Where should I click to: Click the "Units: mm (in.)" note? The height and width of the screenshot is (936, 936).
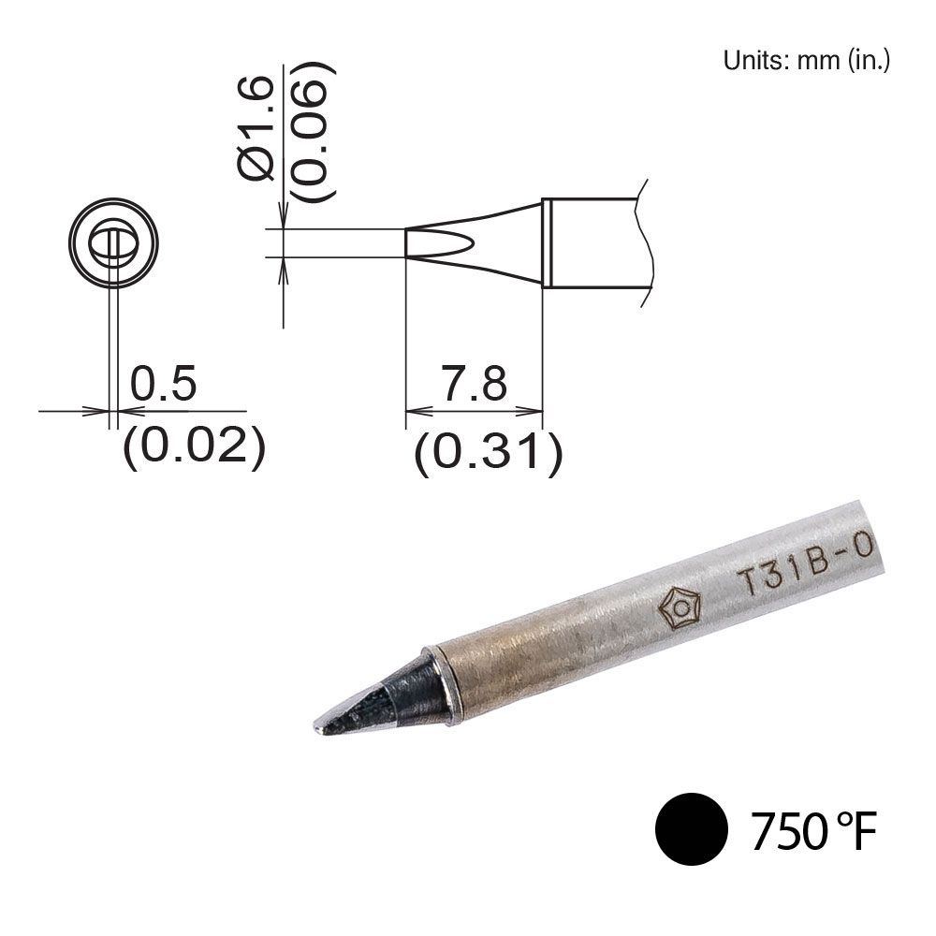tap(805, 62)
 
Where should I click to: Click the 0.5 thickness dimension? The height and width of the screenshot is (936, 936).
tap(163, 385)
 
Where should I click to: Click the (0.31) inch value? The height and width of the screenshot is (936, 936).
tap(489, 454)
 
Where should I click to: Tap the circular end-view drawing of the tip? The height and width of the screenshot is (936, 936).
tap(112, 243)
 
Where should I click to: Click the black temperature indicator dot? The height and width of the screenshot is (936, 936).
tap(692, 829)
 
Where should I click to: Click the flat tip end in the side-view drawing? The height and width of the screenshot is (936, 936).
tap(406, 243)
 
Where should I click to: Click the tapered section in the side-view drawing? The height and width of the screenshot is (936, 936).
tap(496, 243)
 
